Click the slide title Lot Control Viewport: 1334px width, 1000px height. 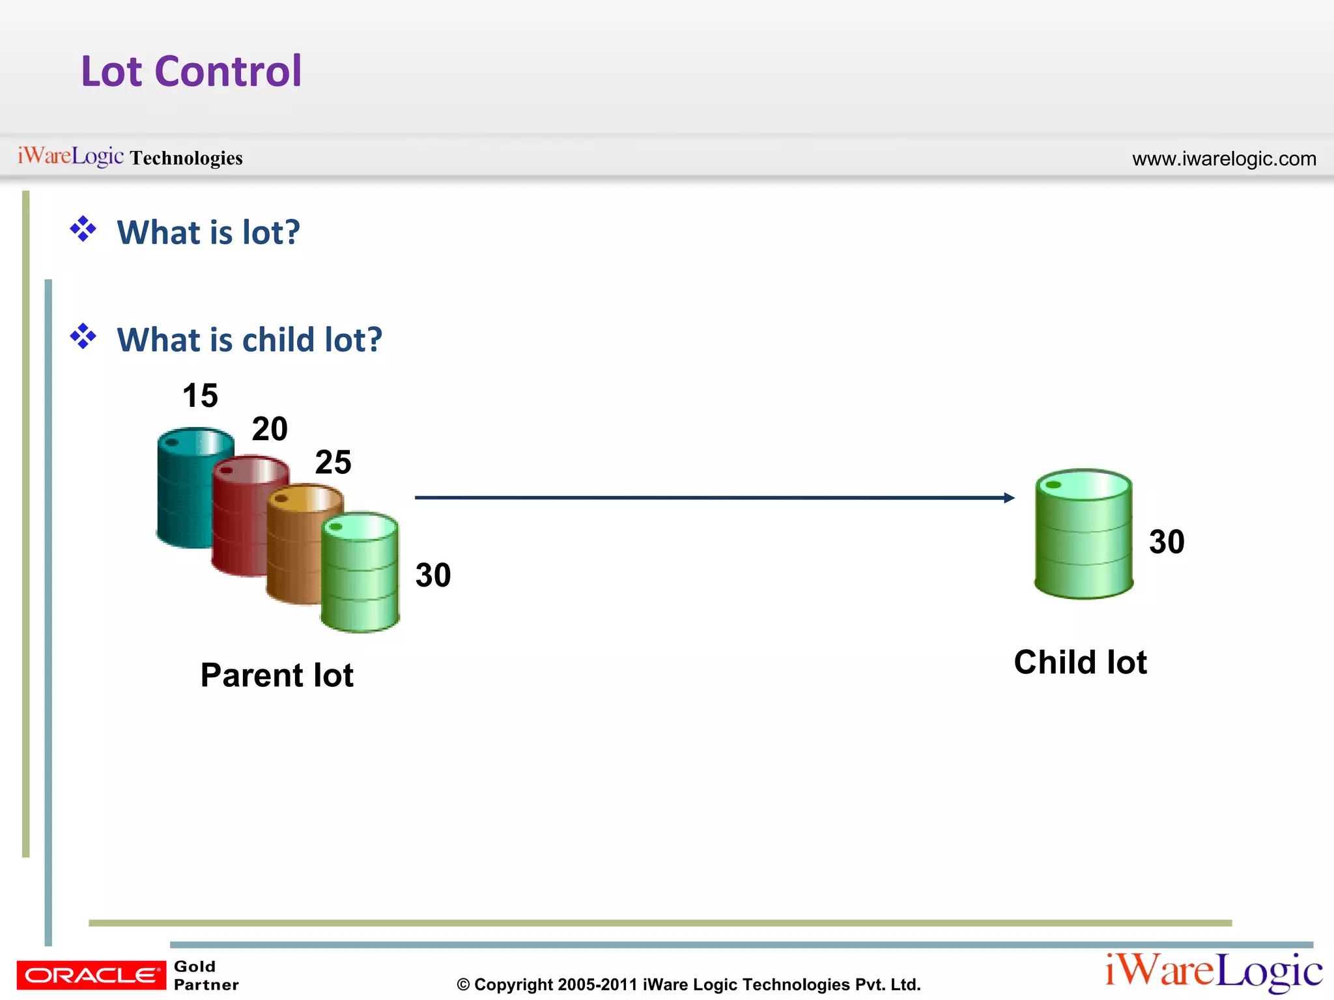(191, 71)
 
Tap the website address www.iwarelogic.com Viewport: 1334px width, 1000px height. (1223, 159)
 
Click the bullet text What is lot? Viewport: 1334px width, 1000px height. (208, 232)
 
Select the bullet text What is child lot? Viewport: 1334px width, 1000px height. (249, 340)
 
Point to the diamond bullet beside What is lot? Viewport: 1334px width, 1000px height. (83, 229)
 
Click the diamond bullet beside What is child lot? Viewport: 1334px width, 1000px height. (83, 337)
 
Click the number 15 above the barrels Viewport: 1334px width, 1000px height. (200, 396)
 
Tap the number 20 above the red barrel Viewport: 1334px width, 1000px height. (270, 429)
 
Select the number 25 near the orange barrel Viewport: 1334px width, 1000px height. (333, 462)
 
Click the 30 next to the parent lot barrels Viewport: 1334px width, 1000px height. (433, 576)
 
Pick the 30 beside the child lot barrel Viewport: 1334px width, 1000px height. (1166, 542)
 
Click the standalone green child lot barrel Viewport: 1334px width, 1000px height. (1083, 534)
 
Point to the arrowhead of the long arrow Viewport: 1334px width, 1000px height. (1009, 498)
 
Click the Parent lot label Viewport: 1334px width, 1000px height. (277, 675)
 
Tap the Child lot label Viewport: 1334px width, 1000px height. (1080, 662)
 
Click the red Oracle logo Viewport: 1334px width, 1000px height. (91, 975)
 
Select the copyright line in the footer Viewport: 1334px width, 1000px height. (688, 984)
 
